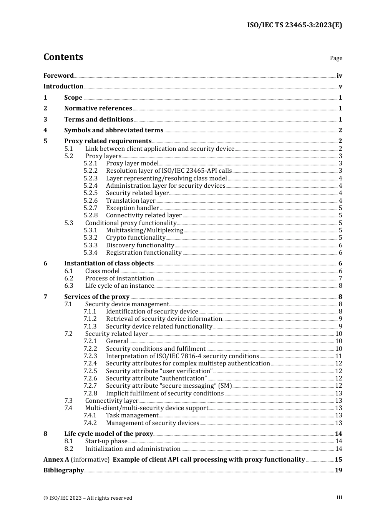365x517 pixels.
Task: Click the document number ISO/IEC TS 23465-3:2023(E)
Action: tap(294, 25)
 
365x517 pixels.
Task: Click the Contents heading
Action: tap(63, 57)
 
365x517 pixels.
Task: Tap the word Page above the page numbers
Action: tap(336, 58)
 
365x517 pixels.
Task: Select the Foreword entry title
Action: tap(58, 76)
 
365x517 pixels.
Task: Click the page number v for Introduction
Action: tap(340, 87)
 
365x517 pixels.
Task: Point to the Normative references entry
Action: tap(98, 108)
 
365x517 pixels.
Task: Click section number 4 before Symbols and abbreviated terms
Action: tap(45, 130)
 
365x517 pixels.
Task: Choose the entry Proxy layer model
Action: tap(132, 163)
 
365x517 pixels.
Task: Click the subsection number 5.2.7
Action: tap(91, 208)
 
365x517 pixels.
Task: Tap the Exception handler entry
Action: tap(133, 208)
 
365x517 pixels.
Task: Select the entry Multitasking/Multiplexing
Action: tap(144, 230)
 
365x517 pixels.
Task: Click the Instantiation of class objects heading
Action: tap(109, 264)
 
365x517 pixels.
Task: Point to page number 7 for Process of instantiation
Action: tap(340, 279)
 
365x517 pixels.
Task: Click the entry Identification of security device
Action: tap(152, 312)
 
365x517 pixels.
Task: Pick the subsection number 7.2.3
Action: tap(91, 356)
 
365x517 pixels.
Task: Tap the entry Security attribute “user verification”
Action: tap(159, 371)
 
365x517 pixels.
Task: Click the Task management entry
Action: tap(132, 415)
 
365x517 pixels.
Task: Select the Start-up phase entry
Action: tap(106, 441)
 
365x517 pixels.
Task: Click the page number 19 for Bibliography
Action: tap(338, 470)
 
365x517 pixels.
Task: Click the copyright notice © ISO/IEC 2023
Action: tap(88, 498)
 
